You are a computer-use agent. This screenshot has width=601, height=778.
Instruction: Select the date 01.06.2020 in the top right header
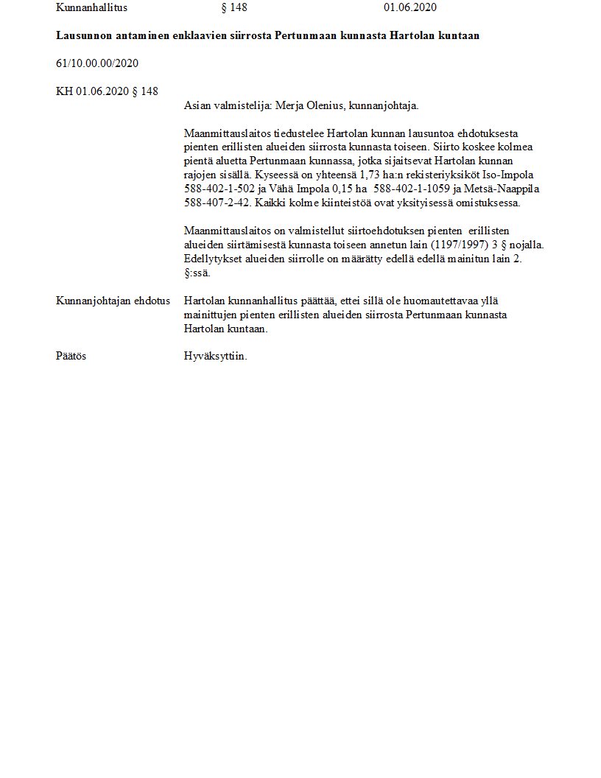coord(410,8)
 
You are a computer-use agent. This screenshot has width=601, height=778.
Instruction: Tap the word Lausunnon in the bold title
coord(82,35)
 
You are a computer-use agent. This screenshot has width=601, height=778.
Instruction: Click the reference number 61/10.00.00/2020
coord(97,63)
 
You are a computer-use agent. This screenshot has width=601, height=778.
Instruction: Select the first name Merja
coord(288,105)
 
